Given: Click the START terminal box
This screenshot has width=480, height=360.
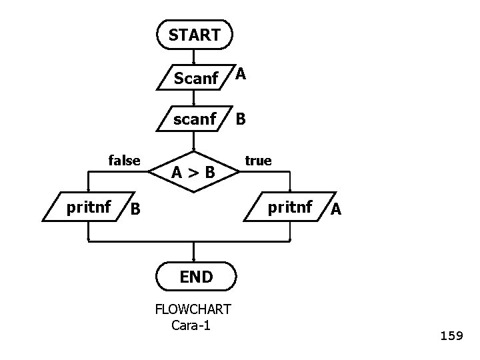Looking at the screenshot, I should point(194,35).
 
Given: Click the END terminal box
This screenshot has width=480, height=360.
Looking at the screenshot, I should point(195,277).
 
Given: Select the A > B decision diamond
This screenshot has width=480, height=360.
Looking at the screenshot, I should point(193,172).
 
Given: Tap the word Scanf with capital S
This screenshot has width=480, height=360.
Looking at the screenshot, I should point(195,79).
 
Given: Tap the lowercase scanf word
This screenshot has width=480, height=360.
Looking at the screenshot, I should point(194,119).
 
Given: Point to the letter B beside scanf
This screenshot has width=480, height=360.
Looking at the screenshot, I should point(241,119).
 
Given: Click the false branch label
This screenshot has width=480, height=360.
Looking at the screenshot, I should point(124,160).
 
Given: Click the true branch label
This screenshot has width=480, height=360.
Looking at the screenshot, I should point(258,161).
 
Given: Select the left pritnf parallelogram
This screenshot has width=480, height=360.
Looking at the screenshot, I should point(89,208).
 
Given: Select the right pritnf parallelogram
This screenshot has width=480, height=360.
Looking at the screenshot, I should point(290,208).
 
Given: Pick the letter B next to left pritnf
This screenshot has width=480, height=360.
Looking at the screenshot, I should point(135,209).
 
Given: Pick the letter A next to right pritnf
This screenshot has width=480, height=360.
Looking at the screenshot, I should point(336,209).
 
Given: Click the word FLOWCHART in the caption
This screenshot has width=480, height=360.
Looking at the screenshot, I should point(193,309).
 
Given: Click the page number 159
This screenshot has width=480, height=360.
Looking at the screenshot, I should point(451,336).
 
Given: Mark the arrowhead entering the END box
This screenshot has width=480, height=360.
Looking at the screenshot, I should point(194,260).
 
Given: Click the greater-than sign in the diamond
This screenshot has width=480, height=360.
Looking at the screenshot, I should point(193,173).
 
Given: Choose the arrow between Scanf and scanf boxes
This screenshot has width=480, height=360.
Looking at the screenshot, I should point(194,99).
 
